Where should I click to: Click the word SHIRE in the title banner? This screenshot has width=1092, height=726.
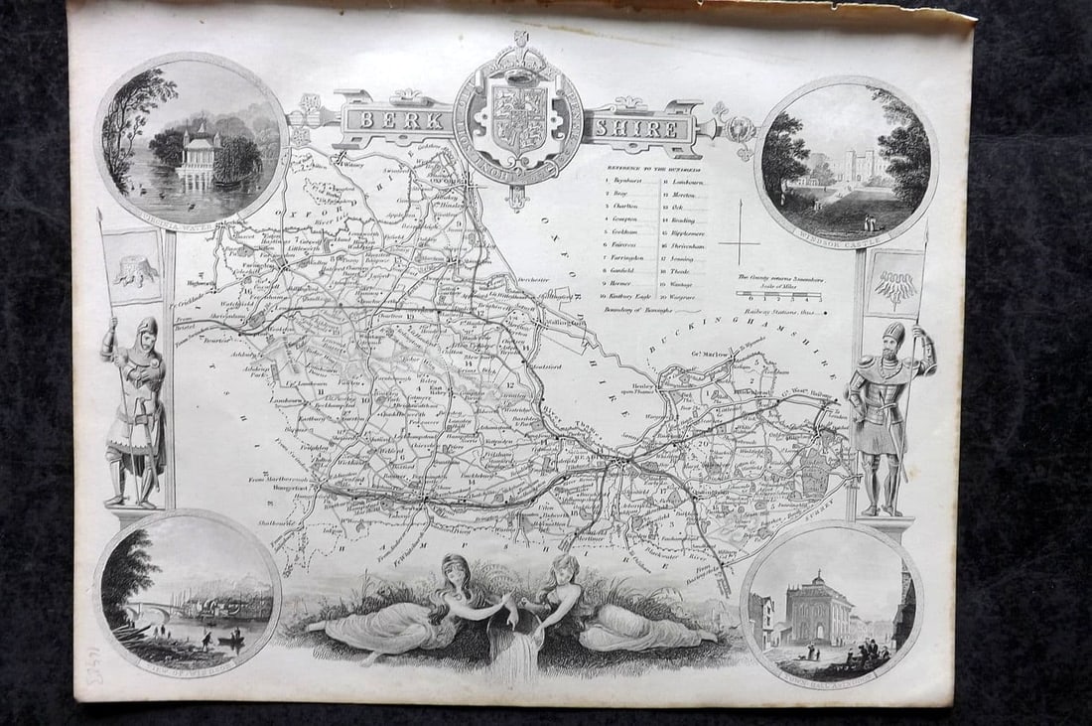[634, 127]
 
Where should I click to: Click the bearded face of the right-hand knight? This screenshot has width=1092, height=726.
[892, 338]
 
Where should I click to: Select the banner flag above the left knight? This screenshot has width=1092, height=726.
[133, 266]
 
